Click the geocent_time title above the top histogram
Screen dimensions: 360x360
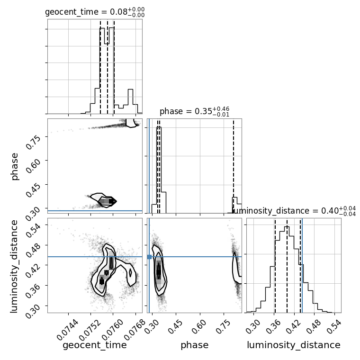click(95, 12)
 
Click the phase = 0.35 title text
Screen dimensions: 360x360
click(195, 112)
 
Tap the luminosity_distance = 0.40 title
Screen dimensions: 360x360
click(294, 211)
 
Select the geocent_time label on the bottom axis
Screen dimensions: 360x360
click(95, 345)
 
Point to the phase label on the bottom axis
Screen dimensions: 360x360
click(195, 345)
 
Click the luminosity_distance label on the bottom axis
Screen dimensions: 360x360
click(294, 345)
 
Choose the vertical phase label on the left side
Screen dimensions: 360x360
click(14, 166)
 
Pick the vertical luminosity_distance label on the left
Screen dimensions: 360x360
click(14, 266)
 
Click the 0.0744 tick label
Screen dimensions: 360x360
click(67, 330)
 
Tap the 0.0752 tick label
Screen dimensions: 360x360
click(90, 330)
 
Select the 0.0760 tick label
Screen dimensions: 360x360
click(112, 330)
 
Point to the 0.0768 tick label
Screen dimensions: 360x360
click(135, 330)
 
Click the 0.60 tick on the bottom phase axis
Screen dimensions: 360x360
click(199, 326)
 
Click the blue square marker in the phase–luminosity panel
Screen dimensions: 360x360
click(149, 257)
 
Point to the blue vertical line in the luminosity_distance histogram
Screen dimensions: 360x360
click(302, 265)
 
